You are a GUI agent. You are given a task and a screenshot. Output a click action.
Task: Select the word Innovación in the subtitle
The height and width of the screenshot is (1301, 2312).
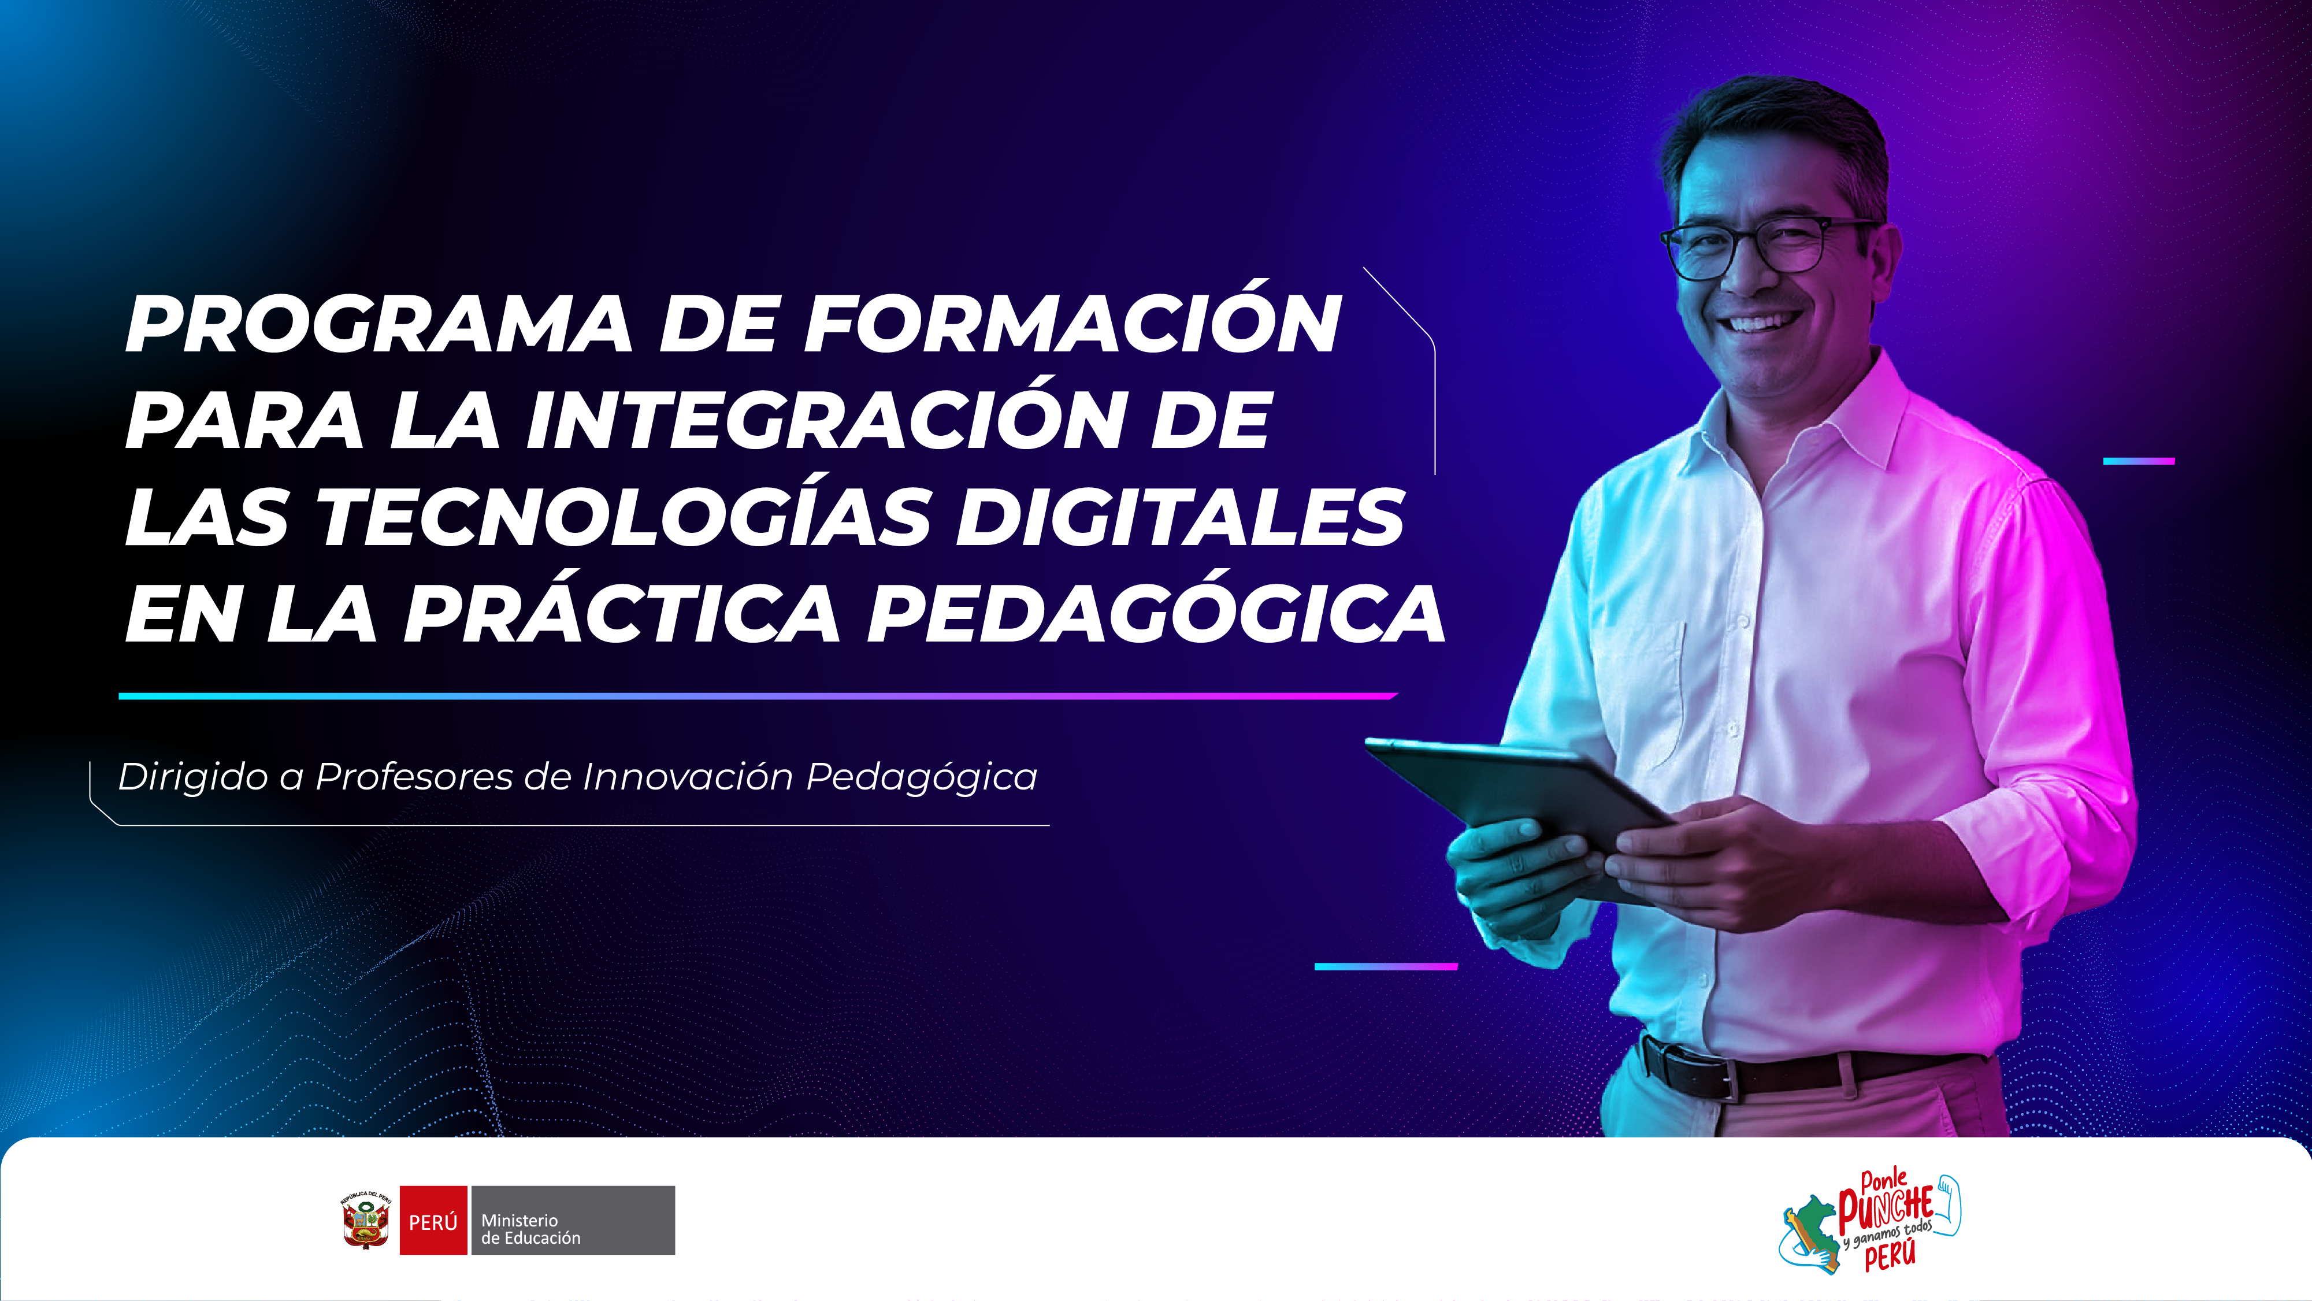click(x=688, y=777)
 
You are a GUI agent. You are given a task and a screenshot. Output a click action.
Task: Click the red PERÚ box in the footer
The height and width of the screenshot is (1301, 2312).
click(x=433, y=1220)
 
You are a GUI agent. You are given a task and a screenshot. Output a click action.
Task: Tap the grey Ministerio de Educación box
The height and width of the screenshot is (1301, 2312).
click(x=573, y=1220)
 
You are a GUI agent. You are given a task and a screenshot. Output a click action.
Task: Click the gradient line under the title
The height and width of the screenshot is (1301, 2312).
click(x=758, y=696)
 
